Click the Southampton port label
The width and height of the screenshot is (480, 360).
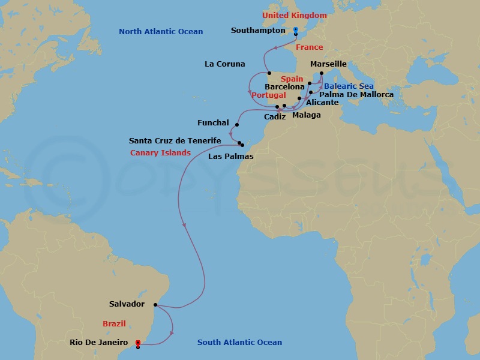click(x=258, y=30)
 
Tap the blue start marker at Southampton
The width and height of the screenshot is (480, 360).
click(x=296, y=30)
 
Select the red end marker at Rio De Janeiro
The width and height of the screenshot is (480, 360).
click(x=138, y=343)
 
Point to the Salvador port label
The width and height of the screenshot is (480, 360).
click(x=127, y=304)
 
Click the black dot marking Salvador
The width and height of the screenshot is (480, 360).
click(x=157, y=305)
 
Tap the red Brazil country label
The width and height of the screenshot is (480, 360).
click(x=114, y=324)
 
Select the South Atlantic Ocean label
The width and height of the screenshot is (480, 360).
click(x=239, y=343)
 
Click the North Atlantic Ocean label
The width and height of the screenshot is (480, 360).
click(x=161, y=32)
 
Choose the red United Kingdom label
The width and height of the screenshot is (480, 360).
click(x=295, y=16)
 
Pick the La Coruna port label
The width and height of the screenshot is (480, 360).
click(x=225, y=64)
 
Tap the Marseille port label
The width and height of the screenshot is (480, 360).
click(x=328, y=64)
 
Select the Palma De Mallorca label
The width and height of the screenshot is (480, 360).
click(x=356, y=95)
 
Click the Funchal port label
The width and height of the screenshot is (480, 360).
click(x=213, y=123)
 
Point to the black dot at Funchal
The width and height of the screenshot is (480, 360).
click(x=237, y=125)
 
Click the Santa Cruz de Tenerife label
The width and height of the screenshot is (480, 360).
click(x=175, y=141)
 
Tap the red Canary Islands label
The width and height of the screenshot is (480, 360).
click(x=160, y=153)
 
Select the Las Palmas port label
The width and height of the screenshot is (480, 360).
click(x=230, y=157)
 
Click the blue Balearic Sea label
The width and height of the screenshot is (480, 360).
click(x=349, y=86)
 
